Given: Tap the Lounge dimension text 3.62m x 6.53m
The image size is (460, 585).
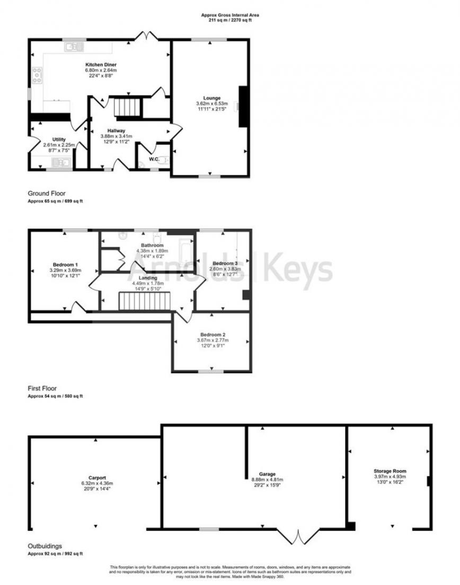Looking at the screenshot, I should click(x=211, y=103).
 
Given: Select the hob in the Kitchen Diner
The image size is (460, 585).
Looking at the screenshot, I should click(x=38, y=75).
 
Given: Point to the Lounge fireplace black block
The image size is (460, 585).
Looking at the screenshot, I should click(x=243, y=106).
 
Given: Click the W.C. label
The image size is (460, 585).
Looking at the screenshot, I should click(x=154, y=158).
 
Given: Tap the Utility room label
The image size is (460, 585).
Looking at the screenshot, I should click(x=59, y=139).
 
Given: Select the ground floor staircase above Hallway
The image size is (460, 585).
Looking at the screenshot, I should click(x=127, y=106).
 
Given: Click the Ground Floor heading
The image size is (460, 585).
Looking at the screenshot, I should click(x=47, y=194).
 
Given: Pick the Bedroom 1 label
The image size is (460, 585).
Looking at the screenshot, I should click(x=66, y=264).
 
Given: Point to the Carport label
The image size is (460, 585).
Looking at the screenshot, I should click(x=97, y=477).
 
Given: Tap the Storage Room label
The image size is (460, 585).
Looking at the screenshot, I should click(x=390, y=470).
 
